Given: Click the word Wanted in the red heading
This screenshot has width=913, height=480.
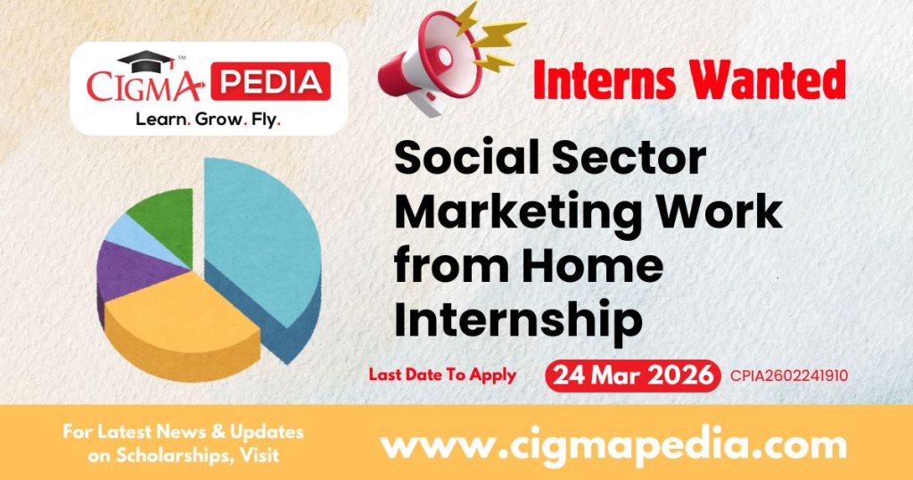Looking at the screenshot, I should (771, 81).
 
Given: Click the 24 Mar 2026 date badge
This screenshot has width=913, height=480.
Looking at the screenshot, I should (632, 375).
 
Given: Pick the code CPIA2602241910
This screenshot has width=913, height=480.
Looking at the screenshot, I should (788, 376).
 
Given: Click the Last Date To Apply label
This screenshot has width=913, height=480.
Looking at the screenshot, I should (443, 375).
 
